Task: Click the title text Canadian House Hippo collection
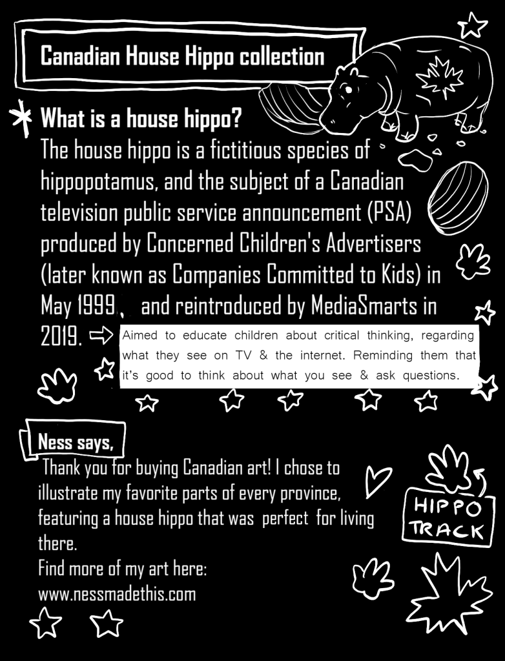tap(182, 56)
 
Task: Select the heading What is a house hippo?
tap(141, 119)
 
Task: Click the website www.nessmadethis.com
tap(117, 593)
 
